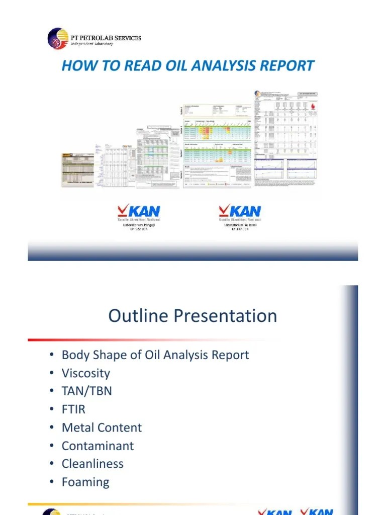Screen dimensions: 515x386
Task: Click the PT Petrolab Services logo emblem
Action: (57, 39)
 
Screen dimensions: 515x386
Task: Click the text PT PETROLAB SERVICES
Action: (105, 37)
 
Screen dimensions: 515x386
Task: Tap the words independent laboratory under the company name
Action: (91, 44)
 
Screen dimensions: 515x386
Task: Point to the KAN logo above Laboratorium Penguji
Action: (139, 211)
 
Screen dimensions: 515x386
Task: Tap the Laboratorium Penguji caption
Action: (139, 225)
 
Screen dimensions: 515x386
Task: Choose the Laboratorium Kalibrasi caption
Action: (239, 225)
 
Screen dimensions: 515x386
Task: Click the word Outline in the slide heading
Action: (138, 316)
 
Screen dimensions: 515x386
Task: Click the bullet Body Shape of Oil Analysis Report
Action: (155, 355)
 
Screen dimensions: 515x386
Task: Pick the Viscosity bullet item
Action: (85, 373)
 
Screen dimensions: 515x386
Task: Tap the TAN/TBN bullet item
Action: (86, 391)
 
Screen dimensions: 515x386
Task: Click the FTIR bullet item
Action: (73, 409)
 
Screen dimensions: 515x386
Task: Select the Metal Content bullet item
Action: (102, 427)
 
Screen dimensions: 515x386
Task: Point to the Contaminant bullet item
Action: (98, 446)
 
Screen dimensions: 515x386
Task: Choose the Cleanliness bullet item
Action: (92, 464)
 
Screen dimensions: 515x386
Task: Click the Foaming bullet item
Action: (85, 482)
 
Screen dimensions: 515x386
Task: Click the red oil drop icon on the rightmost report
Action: (314, 107)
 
